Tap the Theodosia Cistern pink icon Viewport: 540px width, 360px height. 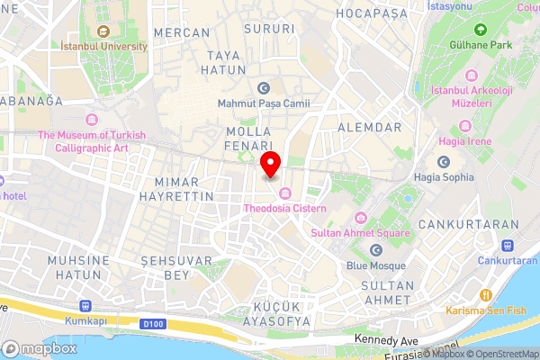(x=285, y=193)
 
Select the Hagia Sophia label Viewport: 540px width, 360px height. (x=444, y=176)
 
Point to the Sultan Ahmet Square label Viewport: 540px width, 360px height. (x=360, y=232)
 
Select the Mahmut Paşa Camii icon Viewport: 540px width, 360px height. (x=263, y=88)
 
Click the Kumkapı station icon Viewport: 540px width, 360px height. (x=85, y=305)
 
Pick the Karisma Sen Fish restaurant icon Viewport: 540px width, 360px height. (x=486, y=295)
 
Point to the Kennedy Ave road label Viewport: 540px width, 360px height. (x=386, y=340)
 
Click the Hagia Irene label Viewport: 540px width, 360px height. (x=465, y=141)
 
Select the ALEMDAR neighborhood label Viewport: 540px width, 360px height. (x=369, y=129)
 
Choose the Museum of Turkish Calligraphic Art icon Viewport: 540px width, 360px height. (x=91, y=120)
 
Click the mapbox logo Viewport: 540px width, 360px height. (x=40, y=347)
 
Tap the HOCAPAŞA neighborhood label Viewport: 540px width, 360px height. (x=373, y=13)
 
